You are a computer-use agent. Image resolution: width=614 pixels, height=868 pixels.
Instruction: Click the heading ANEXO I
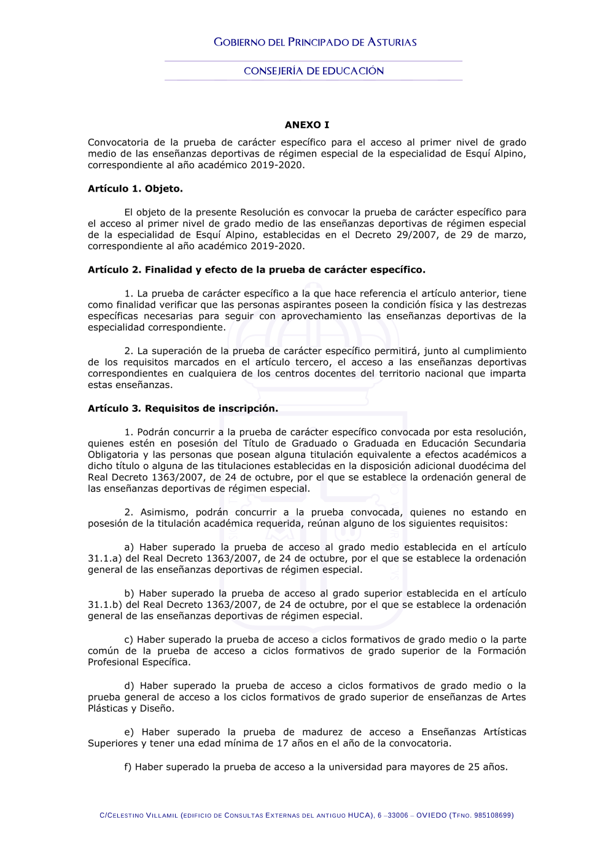tap(306, 125)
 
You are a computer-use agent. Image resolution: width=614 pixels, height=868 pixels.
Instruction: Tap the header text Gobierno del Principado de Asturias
tap(315, 42)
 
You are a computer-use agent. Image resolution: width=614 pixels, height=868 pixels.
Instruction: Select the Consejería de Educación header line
tap(314, 71)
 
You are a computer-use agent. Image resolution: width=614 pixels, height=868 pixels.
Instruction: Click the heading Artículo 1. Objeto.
tap(135, 188)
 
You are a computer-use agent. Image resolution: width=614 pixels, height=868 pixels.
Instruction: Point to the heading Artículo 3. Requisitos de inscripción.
tap(183, 408)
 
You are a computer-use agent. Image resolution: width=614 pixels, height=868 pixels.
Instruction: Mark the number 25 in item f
tap(473, 767)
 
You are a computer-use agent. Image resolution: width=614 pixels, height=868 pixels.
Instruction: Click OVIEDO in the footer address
tap(432, 815)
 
